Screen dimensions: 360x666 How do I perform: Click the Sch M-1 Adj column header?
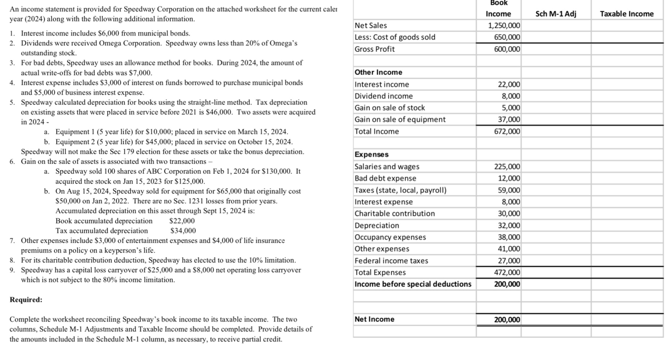pos(555,14)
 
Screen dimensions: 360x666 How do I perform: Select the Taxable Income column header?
pos(627,14)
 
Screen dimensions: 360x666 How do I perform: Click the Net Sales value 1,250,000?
pos(504,26)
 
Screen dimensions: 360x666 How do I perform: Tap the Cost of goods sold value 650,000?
pos(507,37)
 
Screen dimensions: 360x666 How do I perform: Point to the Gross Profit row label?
pos(374,49)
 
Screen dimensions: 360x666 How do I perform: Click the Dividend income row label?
pos(383,96)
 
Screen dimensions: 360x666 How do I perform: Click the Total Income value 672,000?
pos(507,131)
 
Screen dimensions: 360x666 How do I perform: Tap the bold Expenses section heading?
pos(371,155)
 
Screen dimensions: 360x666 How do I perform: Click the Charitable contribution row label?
pos(394,214)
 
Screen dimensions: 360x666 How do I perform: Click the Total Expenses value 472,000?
pos(507,272)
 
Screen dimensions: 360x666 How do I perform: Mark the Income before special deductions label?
pos(413,284)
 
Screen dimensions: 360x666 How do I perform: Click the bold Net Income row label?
pos(374,319)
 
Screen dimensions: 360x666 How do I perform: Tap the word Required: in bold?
pos(26,300)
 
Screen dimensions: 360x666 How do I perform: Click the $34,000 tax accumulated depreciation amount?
pos(183,231)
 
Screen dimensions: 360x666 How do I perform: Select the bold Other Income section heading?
pos(378,72)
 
